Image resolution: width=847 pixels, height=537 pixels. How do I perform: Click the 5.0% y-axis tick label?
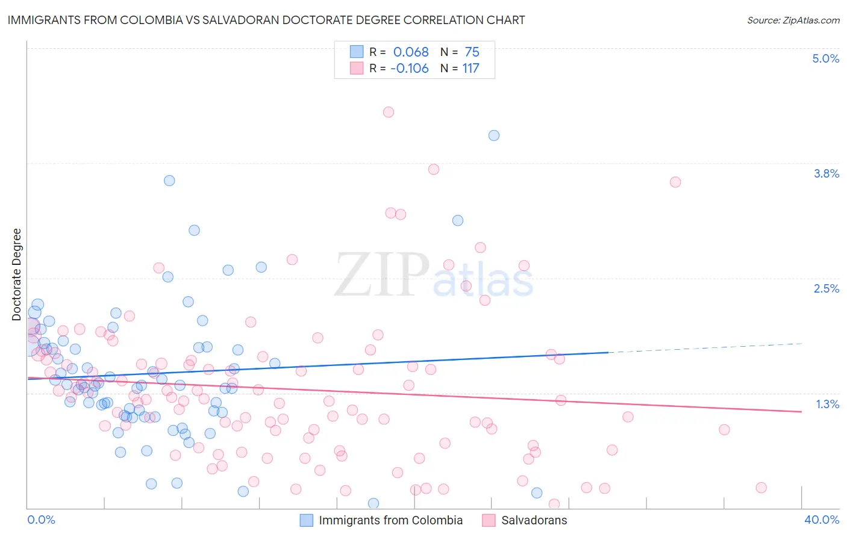click(825, 58)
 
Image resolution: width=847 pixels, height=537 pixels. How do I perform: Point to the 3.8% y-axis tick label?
click(826, 173)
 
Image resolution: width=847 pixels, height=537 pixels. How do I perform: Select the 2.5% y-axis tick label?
click(826, 288)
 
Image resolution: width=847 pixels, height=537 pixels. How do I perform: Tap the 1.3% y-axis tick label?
click(827, 404)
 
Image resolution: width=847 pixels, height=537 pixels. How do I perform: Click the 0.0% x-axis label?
click(41, 520)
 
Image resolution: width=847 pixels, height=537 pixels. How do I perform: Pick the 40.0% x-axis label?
click(821, 520)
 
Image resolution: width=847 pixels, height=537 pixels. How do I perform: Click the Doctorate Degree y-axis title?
click(17, 275)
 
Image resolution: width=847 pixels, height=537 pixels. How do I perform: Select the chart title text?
click(266, 20)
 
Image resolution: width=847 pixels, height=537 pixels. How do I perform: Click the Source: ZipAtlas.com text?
click(793, 20)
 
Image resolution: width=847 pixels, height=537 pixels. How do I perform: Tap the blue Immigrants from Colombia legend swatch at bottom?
click(307, 520)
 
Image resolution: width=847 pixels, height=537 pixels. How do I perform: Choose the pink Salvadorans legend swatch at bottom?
click(489, 520)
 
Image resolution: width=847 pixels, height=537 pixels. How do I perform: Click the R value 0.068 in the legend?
click(411, 52)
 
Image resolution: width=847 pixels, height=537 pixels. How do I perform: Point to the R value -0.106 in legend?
click(410, 69)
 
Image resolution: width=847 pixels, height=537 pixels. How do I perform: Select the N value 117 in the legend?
click(470, 69)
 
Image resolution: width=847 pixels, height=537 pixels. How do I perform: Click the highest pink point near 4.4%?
click(389, 112)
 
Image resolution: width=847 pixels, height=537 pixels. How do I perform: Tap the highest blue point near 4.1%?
click(494, 135)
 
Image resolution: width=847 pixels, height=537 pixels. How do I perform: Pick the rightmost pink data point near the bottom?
click(761, 488)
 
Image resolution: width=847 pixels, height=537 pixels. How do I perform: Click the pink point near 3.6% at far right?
click(675, 182)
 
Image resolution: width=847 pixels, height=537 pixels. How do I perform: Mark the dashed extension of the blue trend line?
click(705, 348)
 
